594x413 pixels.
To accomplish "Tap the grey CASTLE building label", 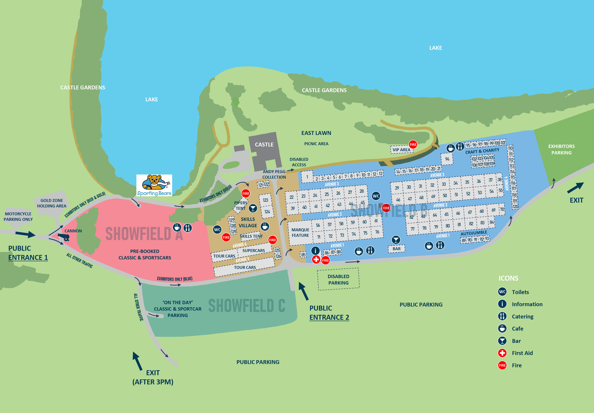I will coord(264,145).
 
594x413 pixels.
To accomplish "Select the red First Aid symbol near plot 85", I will coord(316,259).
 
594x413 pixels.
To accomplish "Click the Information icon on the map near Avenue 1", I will coord(315,251).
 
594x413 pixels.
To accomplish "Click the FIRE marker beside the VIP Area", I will coord(413,145).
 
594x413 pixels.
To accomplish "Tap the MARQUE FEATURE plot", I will coord(300,233).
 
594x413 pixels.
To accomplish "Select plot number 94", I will coord(447,159).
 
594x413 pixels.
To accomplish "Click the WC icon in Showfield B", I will coord(376,196).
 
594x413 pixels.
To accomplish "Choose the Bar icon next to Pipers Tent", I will coord(253,208).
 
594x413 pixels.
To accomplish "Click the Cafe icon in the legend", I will coord(502,328).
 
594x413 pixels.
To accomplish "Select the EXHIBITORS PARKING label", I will coord(561,150).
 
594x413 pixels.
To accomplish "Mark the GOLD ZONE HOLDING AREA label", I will coord(52,203).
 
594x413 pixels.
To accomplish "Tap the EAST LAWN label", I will coord(316,133).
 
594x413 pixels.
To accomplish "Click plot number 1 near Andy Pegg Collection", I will coord(307,177).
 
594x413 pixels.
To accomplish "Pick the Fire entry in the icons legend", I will coord(502,365).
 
